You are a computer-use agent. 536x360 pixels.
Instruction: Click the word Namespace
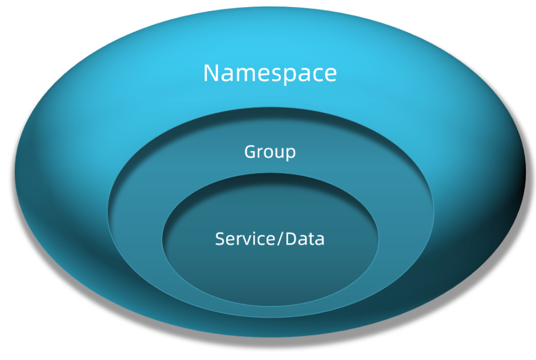point(270,73)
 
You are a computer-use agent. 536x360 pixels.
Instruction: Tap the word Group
point(270,152)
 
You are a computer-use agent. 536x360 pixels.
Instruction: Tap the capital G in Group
point(250,152)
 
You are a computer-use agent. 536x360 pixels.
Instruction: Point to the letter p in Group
point(290,153)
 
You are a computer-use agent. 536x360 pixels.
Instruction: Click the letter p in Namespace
point(283,75)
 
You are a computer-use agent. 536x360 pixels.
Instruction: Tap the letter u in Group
point(279,153)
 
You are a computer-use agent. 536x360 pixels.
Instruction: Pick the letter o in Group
point(268,153)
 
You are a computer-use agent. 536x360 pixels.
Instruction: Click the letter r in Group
point(260,153)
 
